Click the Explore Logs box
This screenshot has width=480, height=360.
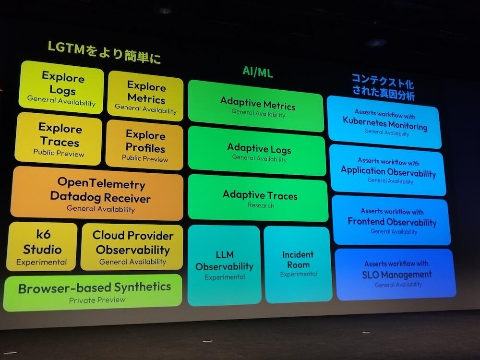point(61,87)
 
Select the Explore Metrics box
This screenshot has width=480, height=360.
point(146,96)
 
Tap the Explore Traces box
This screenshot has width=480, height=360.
point(59,139)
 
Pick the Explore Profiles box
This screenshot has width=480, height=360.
point(144,145)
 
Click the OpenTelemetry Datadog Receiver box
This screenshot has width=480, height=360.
point(97,193)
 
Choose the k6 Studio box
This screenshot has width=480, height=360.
point(42,246)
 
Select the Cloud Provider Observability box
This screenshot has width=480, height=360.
point(132,247)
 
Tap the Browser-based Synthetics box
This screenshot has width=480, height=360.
point(93,293)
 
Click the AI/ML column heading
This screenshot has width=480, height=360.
point(257,72)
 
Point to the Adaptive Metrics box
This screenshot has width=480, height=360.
point(256,106)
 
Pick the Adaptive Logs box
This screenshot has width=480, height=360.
point(257,151)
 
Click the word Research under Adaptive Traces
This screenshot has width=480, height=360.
point(261,205)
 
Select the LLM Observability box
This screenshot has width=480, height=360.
point(224,265)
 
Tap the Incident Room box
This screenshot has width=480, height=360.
point(298,264)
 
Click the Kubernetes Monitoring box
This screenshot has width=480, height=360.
point(384,122)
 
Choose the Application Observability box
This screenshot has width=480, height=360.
point(388,170)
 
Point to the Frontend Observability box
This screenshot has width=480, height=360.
point(392,220)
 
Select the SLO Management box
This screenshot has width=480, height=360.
point(396,274)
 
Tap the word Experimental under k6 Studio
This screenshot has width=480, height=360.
point(41,262)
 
